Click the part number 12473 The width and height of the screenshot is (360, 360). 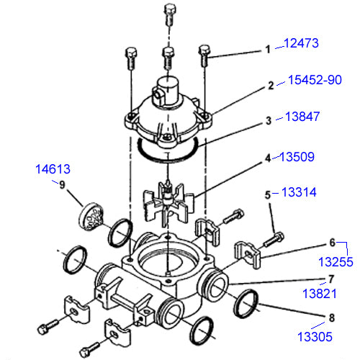pyautogui.click(x=301, y=43)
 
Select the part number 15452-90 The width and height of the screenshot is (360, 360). pyautogui.click(x=315, y=80)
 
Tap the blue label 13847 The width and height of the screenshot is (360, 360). pyautogui.click(x=302, y=117)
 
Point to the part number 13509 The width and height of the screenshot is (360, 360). pyautogui.click(x=297, y=157)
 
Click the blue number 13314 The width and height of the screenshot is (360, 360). pyautogui.click(x=299, y=192)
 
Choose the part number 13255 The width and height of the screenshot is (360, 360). pyautogui.click(x=336, y=262)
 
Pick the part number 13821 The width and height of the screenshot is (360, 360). pyautogui.click(x=320, y=294)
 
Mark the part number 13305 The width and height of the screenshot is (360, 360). pyautogui.click(x=315, y=336)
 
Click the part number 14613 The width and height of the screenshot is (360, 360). pyautogui.click(x=53, y=169)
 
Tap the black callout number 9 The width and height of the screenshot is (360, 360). pyautogui.click(x=62, y=185)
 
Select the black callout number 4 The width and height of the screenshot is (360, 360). pyautogui.click(x=268, y=158)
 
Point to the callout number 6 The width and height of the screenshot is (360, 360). pyautogui.click(x=332, y=243)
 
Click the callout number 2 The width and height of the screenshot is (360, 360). pyautogui.click(x=271, y=86)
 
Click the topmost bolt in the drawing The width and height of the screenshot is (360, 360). pyautogui.click(x=170, y=14)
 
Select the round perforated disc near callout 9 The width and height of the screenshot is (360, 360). pyautogui.click(x=91, y=217)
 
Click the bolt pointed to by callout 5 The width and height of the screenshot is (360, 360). pyautogui.click(x=274, y=239)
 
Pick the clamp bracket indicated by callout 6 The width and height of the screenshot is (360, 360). pyautogui.click(x=247, y=255)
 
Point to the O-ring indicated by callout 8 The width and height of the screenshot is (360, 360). pyautogui.click(x=246, y=304)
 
